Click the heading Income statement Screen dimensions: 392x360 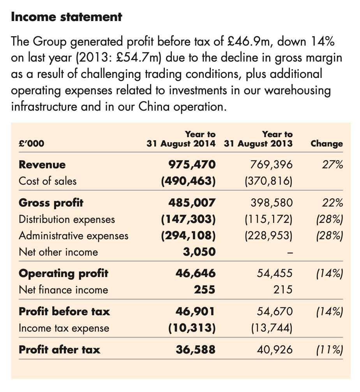[67, 17]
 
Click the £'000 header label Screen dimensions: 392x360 [32, 144]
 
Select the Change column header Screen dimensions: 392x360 [326, 144]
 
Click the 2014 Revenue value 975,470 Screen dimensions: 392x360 [192, 165]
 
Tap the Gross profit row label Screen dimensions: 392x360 [51, 203]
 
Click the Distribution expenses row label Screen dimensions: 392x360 [67, 219]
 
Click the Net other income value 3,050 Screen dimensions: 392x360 [199, 252]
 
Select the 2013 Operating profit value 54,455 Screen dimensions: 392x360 [274, 274]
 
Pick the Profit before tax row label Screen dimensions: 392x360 [64, 311]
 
